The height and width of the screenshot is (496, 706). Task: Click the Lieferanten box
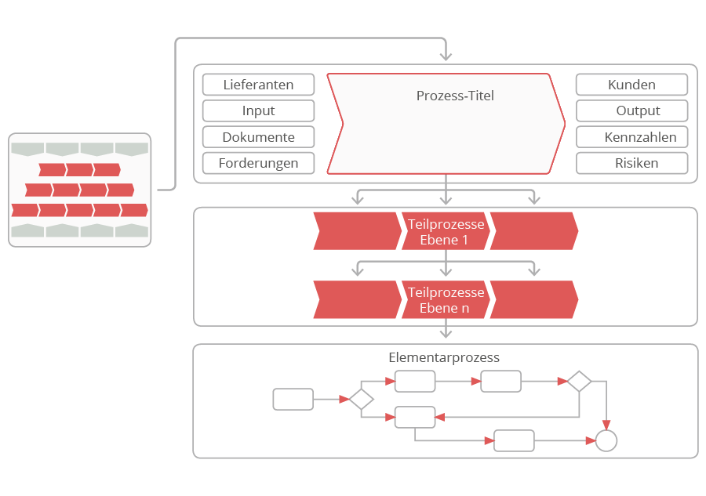pos(258,85)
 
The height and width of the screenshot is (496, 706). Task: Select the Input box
pos(258,110)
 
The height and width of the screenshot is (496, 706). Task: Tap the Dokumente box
pos(258,137)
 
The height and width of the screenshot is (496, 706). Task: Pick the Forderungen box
pos(258,163)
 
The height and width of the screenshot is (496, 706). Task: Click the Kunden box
pos(631,85)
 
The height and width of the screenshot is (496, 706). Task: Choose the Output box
pos(631,110)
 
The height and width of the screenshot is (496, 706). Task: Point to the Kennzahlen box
pos(631,137)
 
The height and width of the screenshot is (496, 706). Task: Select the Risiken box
pos(631,163)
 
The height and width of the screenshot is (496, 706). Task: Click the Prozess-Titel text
pos(455,96)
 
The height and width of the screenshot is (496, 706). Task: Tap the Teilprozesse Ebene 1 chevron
pos(446,231)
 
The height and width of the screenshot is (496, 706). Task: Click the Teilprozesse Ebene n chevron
pos(446,299)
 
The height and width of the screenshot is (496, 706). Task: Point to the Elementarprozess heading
pos(444,357)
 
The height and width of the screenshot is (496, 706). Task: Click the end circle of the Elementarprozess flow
pos(606,441)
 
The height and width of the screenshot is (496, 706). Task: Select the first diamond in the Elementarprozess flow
pos(361,399)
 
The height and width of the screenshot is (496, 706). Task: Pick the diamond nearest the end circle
pos(579,382)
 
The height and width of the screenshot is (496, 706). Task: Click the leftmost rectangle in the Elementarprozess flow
pos(293,399)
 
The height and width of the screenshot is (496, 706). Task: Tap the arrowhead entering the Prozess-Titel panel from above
pos(446,56)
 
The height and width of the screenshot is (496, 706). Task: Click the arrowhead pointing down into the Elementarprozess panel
pos(446,336)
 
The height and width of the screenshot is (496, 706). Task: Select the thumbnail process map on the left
pos(79,190)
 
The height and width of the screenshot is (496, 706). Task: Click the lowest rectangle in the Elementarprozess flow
pos(514,441)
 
